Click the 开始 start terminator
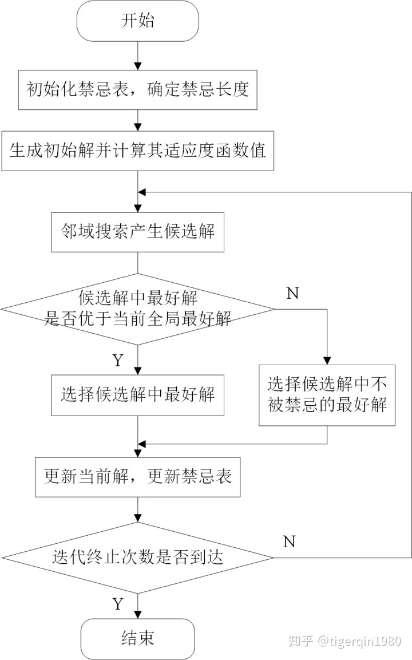137,21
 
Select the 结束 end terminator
137,638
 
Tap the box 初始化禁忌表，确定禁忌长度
137,90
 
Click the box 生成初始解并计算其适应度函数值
137,151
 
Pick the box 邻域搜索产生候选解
137,232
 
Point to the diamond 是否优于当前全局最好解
137,309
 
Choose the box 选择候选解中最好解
137,395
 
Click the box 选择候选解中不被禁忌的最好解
327,395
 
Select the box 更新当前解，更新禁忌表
137,477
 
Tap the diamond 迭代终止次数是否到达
137,558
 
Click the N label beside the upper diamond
292,294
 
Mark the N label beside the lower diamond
289,542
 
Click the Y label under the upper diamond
118,360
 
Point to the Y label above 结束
118,604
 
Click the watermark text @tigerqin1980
359,641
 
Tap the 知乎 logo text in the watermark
301,641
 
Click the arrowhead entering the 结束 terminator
137,615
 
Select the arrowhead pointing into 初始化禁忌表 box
137,66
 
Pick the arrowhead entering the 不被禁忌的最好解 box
327,361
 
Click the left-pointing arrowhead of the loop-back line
142,192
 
